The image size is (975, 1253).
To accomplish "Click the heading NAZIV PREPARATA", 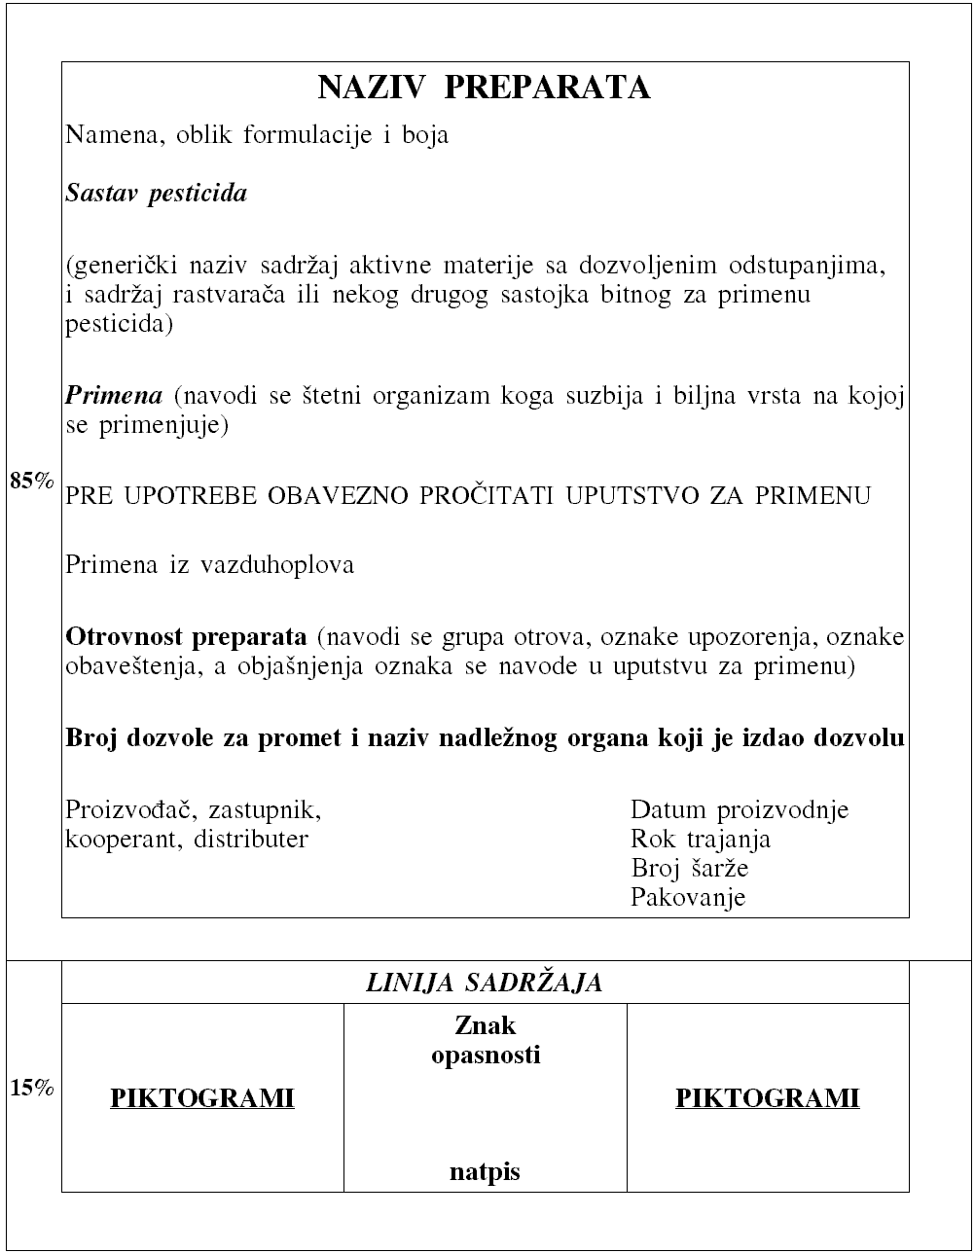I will pos(484,88).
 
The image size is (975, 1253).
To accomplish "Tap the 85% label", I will pos(31,480).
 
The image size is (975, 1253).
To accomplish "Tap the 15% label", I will pos(31,1088).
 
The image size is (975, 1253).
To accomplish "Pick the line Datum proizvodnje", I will pos(740,809).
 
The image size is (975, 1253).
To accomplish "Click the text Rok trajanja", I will pos(701,839).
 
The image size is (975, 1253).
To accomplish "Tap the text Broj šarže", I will pos(689,868).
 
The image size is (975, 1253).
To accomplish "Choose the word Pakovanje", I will pos(688,896).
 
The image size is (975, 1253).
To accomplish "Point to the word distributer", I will pos(251,839).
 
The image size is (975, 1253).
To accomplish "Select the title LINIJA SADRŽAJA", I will pos(484,983).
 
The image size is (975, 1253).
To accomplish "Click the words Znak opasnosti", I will pos(486,1040).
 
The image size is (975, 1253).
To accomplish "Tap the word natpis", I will pos(485,1172).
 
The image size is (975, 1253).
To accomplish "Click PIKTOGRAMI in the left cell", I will pos(202,1098).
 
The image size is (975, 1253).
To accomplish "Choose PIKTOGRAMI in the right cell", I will pos(768,1098).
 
